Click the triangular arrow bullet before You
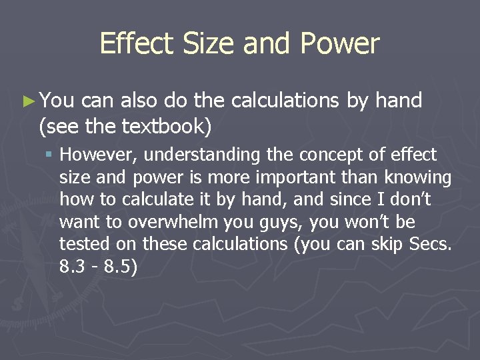(27, 101)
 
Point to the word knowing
(420, 177)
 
